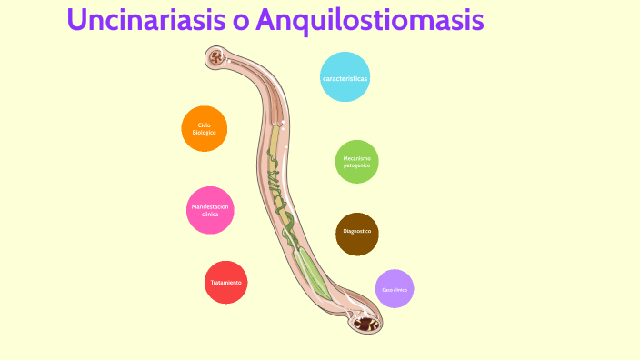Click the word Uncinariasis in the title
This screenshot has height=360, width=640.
coord(145,20)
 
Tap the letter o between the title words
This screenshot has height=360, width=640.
coord(241,22)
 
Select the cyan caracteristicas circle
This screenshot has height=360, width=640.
coord(345,77)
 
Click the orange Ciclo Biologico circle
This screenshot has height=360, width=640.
coord(204,128)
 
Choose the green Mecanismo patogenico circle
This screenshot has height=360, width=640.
coord(356,162)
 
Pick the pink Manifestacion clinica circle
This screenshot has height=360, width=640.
coord(210,210)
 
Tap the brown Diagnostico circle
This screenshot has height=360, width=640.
coord(356,234)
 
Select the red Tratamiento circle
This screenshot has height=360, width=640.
coord(225,282)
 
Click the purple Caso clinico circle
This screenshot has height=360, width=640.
coord(395,289)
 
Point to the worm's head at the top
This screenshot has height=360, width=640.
coord(217,60)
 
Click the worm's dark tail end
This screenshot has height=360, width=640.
coord(366,323)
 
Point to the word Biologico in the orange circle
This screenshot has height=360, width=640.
coord(204,133)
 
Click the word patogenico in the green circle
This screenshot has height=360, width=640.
coord(356,166)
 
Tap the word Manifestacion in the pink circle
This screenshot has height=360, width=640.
coord(210,206)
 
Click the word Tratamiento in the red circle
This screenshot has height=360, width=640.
coord(225,283)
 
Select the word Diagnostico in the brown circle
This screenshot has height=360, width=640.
coord(356,231)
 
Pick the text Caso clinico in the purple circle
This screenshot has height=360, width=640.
coord(395,289)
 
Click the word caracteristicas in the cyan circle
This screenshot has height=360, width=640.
coord(345,79)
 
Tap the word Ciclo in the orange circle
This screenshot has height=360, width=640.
coord(204,125)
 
